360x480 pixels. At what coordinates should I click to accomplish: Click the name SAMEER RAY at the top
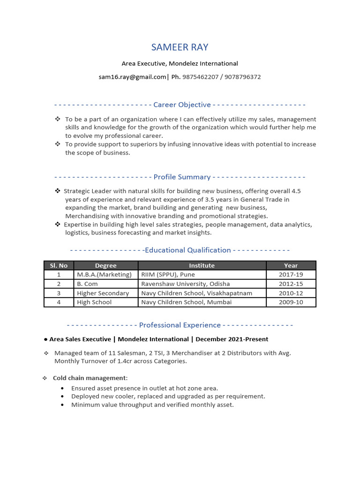[x=180, y=47]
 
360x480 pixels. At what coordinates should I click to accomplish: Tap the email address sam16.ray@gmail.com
[x=132, y=77]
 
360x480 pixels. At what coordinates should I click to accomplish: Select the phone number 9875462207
[x=200, y=77]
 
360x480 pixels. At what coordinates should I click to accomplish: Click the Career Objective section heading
[x=182, y=105]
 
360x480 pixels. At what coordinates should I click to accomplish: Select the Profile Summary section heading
[x=182, y=177]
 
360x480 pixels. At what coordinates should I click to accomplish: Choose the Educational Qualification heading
[x=188, y=250]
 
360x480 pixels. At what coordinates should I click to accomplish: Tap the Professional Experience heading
[x=180, y=325]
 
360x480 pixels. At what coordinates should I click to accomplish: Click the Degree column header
[x=105, y=265]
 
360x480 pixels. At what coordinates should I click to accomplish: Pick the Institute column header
[x=202, y=265]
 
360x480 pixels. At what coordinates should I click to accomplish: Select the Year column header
[x=291, y=265]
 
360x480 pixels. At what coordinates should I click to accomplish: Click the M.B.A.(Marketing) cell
[x=104, y=275]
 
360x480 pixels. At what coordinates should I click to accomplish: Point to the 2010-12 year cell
[x=291, y=293]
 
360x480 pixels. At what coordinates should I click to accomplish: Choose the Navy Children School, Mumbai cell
[x=186, y=302]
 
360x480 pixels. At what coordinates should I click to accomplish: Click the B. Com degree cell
[x=87, y=284]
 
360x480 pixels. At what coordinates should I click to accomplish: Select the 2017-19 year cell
[x=291, y=275]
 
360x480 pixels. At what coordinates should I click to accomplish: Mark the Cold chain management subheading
[x=90, y=378]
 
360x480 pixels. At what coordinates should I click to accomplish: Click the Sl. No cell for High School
[x=59, y=302]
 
